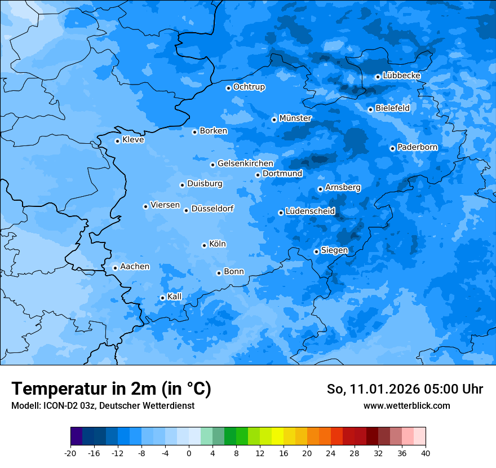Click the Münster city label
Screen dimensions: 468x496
tap(295, 118)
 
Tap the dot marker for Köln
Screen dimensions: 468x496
tap(204, 245)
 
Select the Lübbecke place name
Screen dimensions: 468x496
tap(401, 76)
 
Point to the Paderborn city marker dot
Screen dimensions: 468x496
tap(392, 148)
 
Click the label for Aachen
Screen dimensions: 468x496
tap(135, 267)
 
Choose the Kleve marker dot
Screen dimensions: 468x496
tap(117, 141)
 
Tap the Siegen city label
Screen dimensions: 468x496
tap(334, 250)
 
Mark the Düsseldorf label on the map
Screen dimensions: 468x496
tap(212, 209)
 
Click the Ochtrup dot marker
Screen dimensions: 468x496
tap(228, 88)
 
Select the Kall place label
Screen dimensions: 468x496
tap(174, 297)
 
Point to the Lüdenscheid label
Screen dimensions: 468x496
tap(310, 211)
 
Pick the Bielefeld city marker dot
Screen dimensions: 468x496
tap(370, 109)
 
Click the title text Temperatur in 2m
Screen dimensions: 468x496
tap(111, 389)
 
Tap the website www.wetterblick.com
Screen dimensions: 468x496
tap(406, 405)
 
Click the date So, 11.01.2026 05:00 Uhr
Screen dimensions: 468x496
tap(405, 389)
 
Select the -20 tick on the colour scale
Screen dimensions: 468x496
tap(70, 453)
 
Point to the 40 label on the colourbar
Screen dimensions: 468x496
tap(426, 453)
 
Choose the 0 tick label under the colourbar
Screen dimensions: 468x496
tap(189, 453)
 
